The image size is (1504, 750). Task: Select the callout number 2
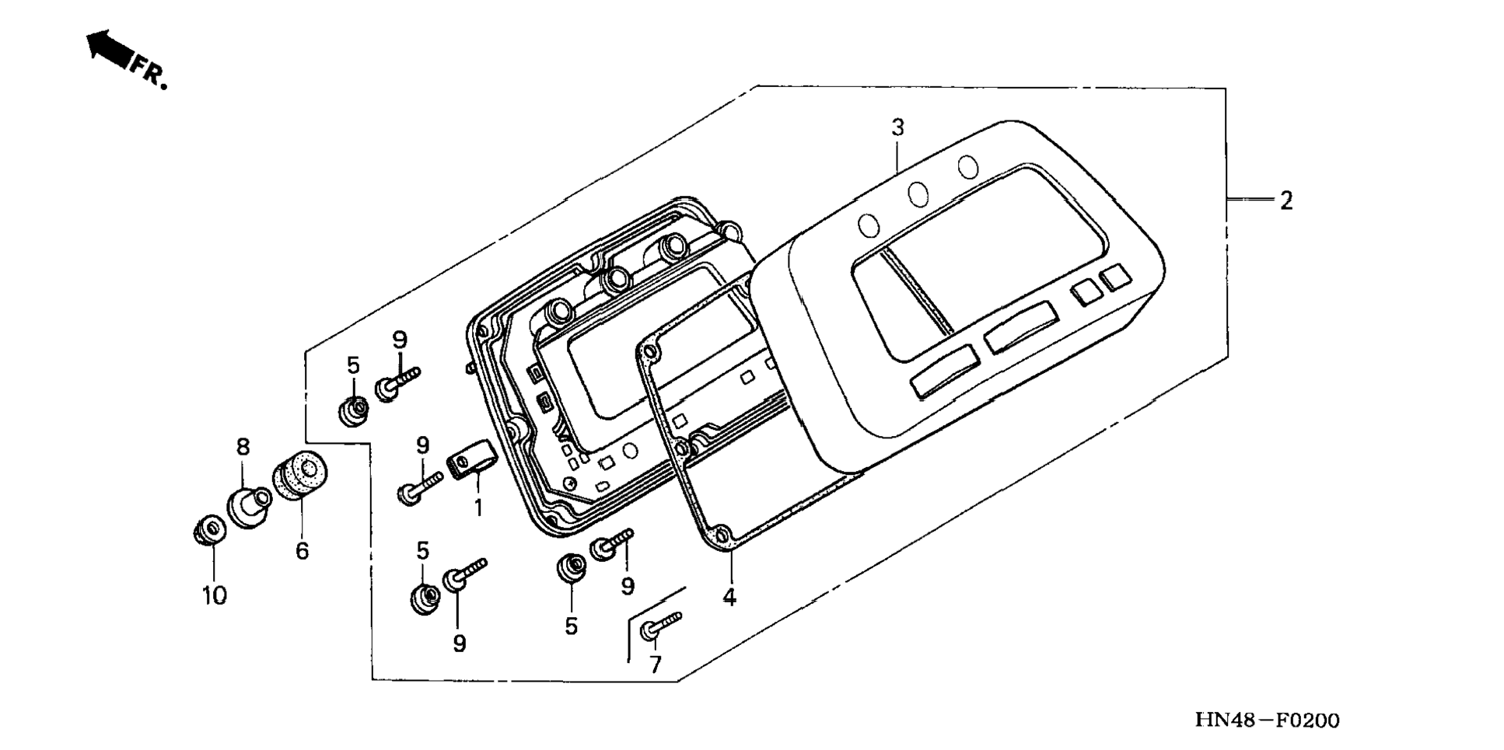[x=1286, y=201]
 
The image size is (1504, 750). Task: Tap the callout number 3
[x=898, y=127]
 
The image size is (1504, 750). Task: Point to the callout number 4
[x=729, y=597]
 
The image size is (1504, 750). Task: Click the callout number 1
[x=479, y=508]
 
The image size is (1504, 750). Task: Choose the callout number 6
[x=303, y=551]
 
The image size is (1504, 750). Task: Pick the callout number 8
[x=243, y=447]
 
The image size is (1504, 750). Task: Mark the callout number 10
[x=215, y=596]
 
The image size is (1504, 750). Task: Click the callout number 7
[x=655, y=665]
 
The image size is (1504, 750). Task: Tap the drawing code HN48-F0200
[x=1268, y=720]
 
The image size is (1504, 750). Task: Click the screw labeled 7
[x=659, y=626]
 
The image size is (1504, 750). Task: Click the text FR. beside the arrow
[x=149, y=72]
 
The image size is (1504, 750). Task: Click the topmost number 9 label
[x=400, y=340]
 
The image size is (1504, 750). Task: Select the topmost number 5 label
[x=354, y=365]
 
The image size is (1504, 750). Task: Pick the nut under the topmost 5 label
[x=354, y=410]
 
